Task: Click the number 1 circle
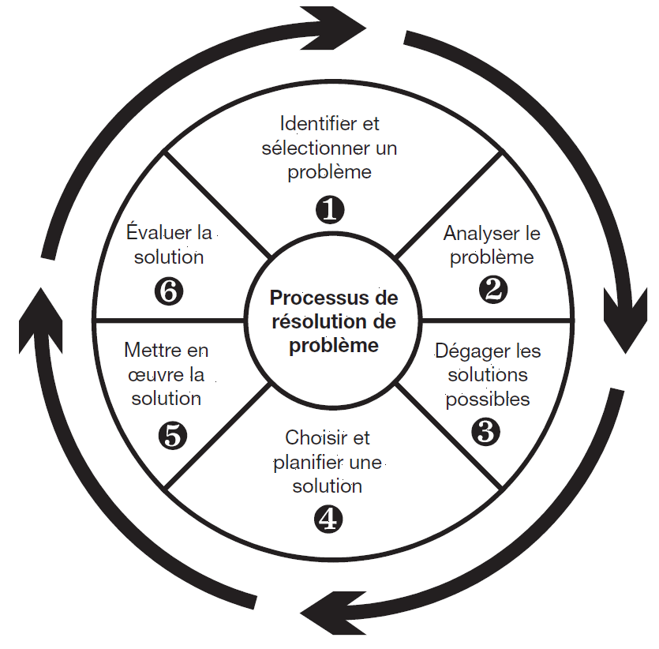point(330,209)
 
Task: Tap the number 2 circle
point(493,290)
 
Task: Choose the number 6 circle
point(169,291)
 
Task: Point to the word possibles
point(488,399)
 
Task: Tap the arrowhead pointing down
point(625,320)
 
